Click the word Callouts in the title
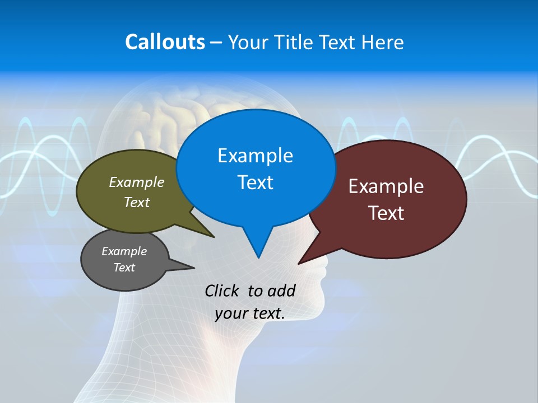(165, 42)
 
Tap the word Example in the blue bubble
(255, 155)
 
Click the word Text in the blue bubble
(255, 182)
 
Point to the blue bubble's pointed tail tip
(258, 257)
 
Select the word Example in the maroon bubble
(386, 186)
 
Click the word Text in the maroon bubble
(386, 213)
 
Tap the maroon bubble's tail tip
(299, 263)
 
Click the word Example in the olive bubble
(137, 182)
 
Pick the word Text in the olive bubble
(137, 202)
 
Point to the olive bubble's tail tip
(214, 237)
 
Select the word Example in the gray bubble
(124, 251)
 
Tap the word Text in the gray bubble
(124, 268)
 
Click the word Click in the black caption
(223, 290)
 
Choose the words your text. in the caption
(250, 313)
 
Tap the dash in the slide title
(216, 43)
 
